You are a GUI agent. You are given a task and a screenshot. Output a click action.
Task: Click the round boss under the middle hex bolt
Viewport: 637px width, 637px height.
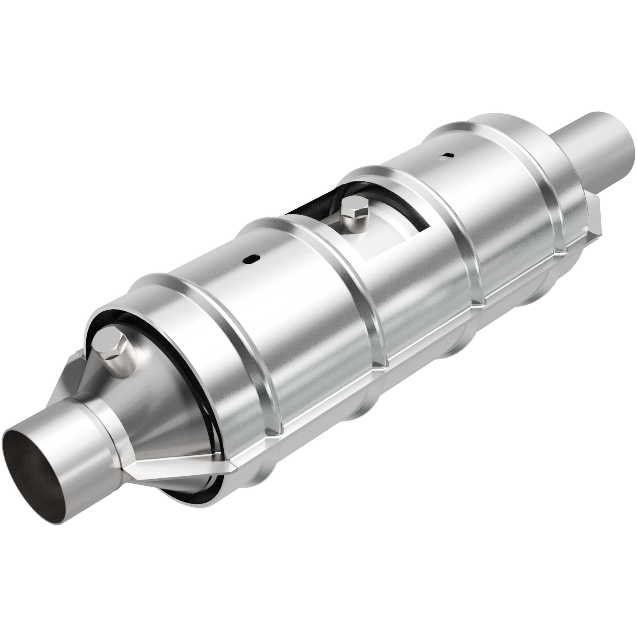[x=354, y=227]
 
